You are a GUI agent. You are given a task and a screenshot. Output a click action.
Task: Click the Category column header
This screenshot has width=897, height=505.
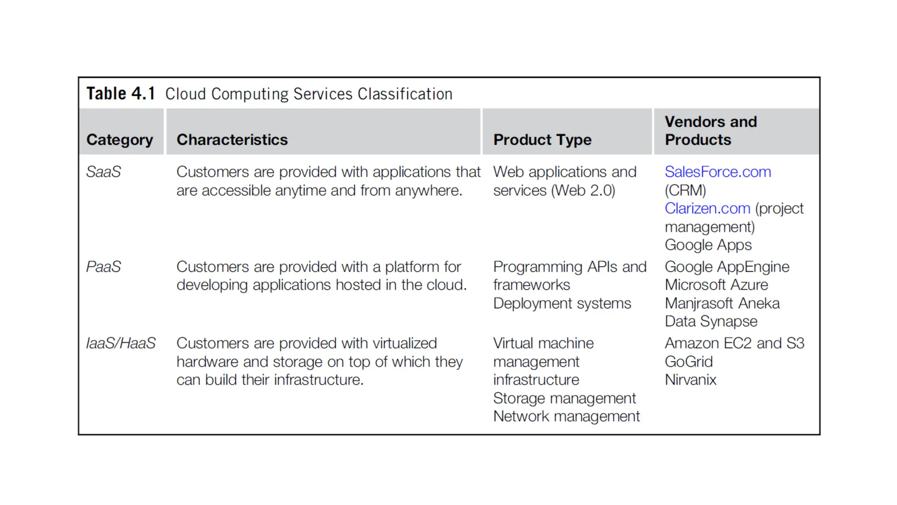coord(120,140)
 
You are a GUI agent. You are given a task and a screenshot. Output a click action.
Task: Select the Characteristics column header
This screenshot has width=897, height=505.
coord(232,140)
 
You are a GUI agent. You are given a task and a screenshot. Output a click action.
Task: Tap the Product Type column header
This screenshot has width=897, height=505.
coord(542,140)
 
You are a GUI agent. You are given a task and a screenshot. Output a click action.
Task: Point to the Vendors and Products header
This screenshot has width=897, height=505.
coord(710,131)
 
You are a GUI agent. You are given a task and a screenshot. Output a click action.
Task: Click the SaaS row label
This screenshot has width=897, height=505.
coord(103,172)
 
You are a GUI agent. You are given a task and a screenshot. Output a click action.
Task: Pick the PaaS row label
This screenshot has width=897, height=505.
coord(103,267)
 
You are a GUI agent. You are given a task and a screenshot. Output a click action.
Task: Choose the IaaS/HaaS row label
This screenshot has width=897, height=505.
coord(121,343)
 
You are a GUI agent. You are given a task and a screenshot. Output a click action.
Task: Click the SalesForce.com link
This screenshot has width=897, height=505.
coord(717,172)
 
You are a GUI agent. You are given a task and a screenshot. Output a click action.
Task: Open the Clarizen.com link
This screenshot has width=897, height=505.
coord(707,209)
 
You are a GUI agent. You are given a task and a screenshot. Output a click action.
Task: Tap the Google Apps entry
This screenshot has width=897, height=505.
coord(708,245)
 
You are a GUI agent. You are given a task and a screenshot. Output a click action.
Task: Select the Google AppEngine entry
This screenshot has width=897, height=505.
coord(727,267)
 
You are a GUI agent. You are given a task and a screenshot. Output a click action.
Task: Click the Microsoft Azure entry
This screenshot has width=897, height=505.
coord(716,285)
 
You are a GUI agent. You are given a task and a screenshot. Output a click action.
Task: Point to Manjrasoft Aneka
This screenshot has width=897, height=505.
coord(722,303)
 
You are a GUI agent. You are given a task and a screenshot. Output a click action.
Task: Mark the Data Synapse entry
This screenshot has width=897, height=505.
coord(711,321)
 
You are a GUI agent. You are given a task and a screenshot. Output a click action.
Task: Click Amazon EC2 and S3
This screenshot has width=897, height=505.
coord(734,343)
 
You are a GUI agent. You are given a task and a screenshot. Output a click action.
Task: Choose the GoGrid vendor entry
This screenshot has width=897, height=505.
coord(689,362)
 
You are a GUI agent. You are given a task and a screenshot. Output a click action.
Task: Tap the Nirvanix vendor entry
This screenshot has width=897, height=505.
coord(690,380)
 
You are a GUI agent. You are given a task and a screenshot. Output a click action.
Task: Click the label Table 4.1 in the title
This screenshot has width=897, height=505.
coord(120,94)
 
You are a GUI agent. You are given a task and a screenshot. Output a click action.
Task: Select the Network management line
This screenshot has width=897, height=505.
coord(566,416)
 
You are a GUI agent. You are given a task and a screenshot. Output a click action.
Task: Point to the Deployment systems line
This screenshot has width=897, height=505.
coord(562,303)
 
